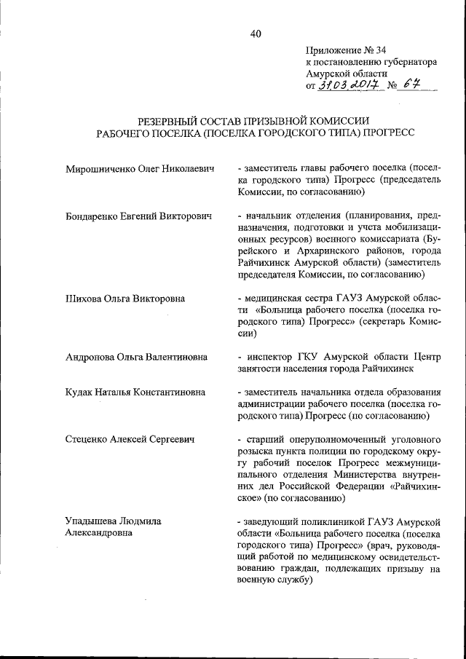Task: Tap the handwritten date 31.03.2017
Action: click(346, 87)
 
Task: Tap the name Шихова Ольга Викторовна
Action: click(125, 298)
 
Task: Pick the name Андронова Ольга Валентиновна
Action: click(136, 357)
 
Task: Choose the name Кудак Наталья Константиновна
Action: click(135, 392)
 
